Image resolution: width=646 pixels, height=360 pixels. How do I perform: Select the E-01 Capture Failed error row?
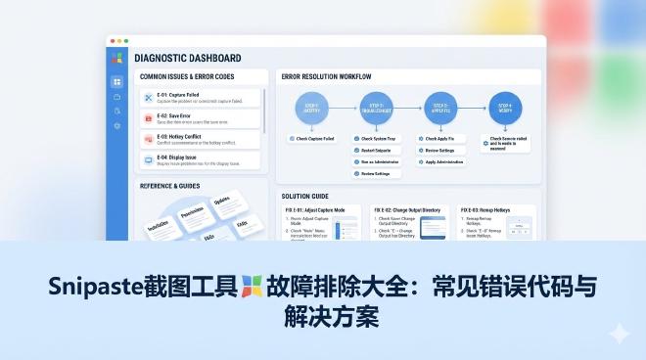(x=200, y=98)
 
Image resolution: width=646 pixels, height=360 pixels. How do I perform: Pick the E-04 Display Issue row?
(x=200, y=160)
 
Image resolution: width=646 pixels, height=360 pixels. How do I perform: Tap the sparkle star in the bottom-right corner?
(x=619, y=334)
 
